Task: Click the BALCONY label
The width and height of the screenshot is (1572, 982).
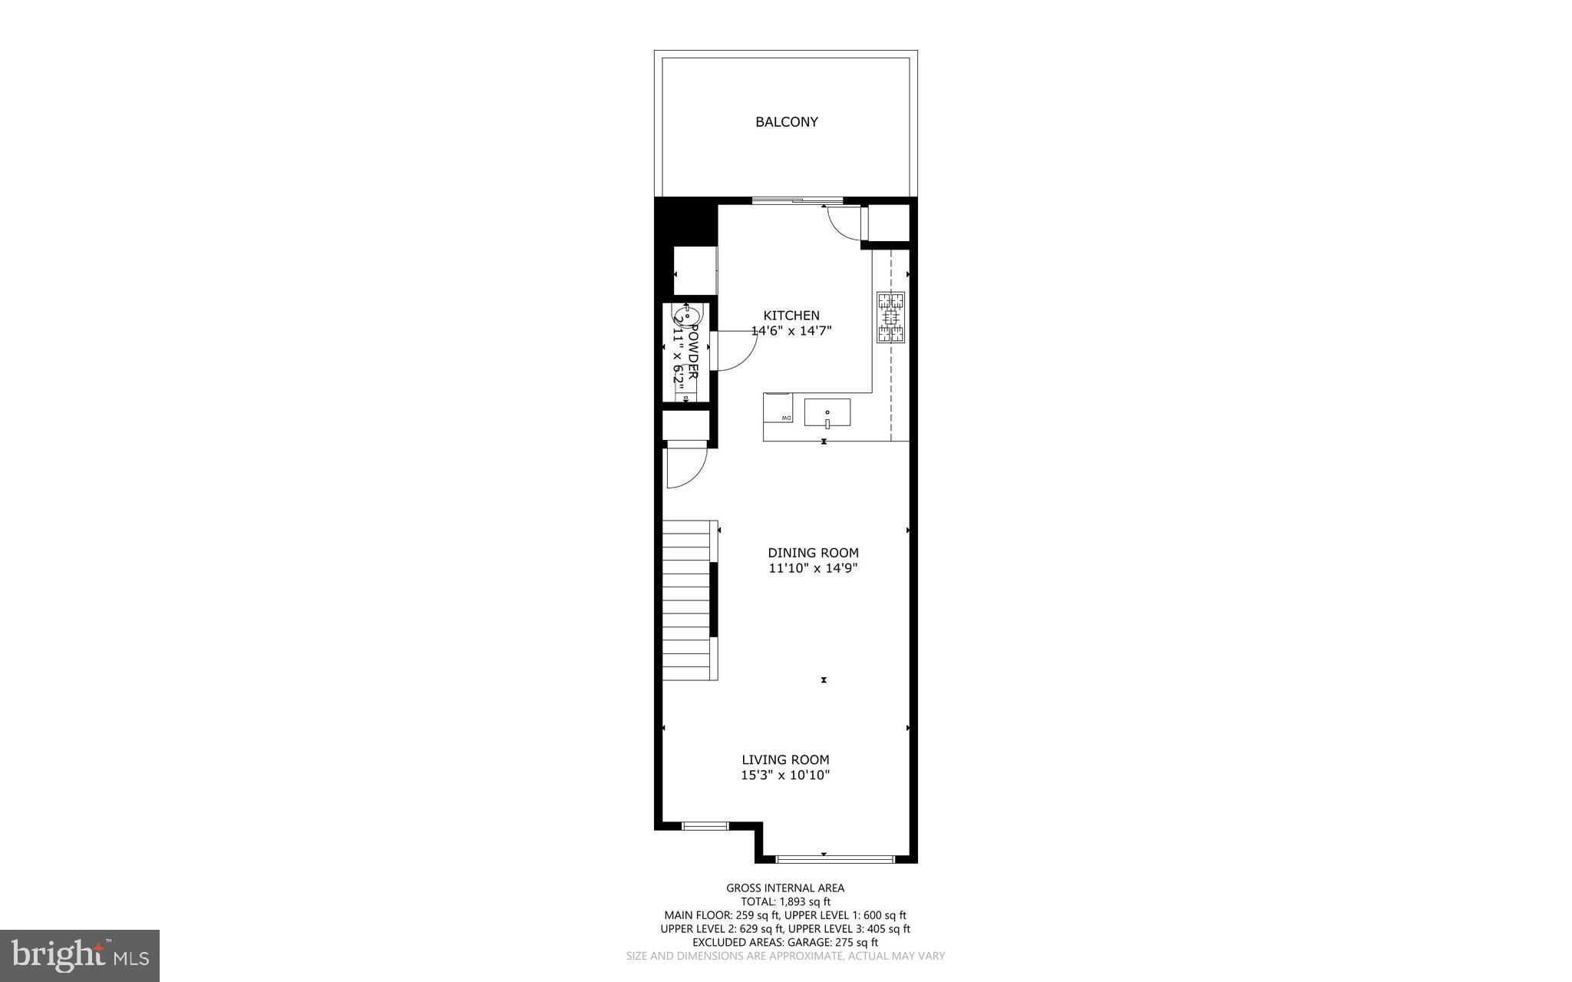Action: (x=786, y=122)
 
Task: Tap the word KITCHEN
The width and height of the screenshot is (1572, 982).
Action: (x=791, y=316)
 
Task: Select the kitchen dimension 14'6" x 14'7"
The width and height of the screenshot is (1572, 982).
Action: (x=791, y=331)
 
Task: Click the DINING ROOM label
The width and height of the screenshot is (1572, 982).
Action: (x=813, y=553)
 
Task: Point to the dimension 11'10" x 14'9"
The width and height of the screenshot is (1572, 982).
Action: (x=813, y=568)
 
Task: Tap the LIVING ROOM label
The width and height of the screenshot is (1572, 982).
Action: (x=785, y=760)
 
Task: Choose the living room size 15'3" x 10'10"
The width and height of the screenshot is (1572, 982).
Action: (x=785, y=775)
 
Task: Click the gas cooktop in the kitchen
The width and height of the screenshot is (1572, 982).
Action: (x=890, y=317)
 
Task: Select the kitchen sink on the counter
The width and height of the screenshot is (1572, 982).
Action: (x=827, y=412)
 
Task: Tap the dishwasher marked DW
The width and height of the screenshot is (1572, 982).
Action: (x=778, y=407)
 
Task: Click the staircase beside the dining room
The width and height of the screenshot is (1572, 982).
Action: (x=688, y=599)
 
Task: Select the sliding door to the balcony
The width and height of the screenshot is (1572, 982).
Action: (x=789, y=201)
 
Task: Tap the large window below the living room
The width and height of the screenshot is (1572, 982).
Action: (x=834, y=858)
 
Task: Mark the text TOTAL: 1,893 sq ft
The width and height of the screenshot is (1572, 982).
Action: (x=785, y=902)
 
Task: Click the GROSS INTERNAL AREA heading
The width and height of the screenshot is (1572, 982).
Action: (x=785, y=888)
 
